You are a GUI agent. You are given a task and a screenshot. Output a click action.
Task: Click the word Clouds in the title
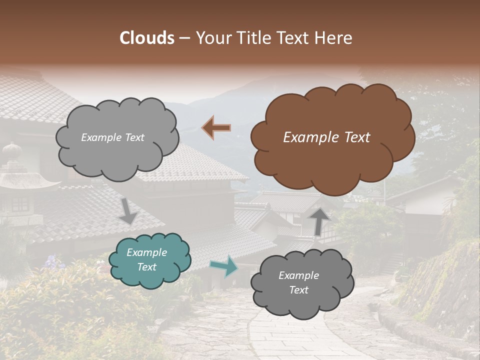point(147,38)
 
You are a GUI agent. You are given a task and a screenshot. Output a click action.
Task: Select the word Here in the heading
point(334,38)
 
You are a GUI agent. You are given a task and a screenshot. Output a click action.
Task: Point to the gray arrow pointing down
point(128,210)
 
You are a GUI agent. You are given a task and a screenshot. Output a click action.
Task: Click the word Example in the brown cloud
point(305,137)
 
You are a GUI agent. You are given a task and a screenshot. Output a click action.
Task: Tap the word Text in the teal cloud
point(147,267)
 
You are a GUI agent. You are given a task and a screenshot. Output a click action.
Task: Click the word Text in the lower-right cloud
point(298,290)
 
